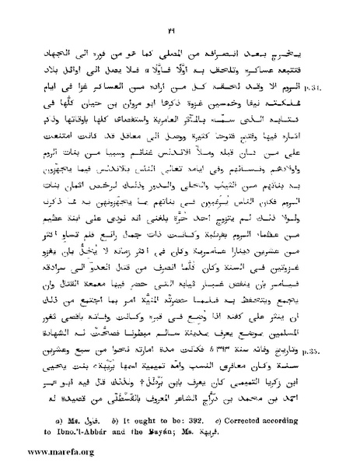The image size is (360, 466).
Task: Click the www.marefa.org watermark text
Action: tap(39, 450)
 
